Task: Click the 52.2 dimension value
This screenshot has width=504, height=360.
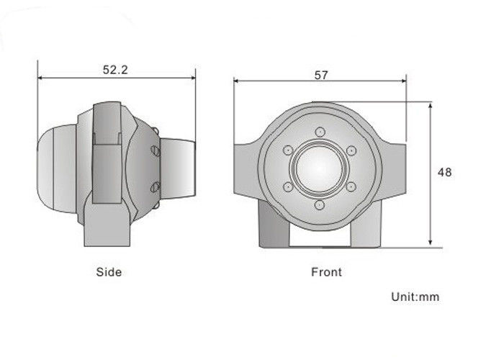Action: click(115, 70)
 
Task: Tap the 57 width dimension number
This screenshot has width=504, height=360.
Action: click(321, 75)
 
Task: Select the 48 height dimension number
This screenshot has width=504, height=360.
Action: click(444, 173)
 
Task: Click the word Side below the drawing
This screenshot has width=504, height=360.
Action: click(109, 272)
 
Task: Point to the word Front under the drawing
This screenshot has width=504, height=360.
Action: click(326, 272)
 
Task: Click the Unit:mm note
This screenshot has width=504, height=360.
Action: click(415, 297)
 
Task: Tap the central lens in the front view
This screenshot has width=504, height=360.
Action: click(320, 168)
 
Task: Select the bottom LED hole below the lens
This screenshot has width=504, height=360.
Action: click(320, 204)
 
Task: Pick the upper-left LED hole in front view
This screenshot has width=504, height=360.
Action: click(288, 150)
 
